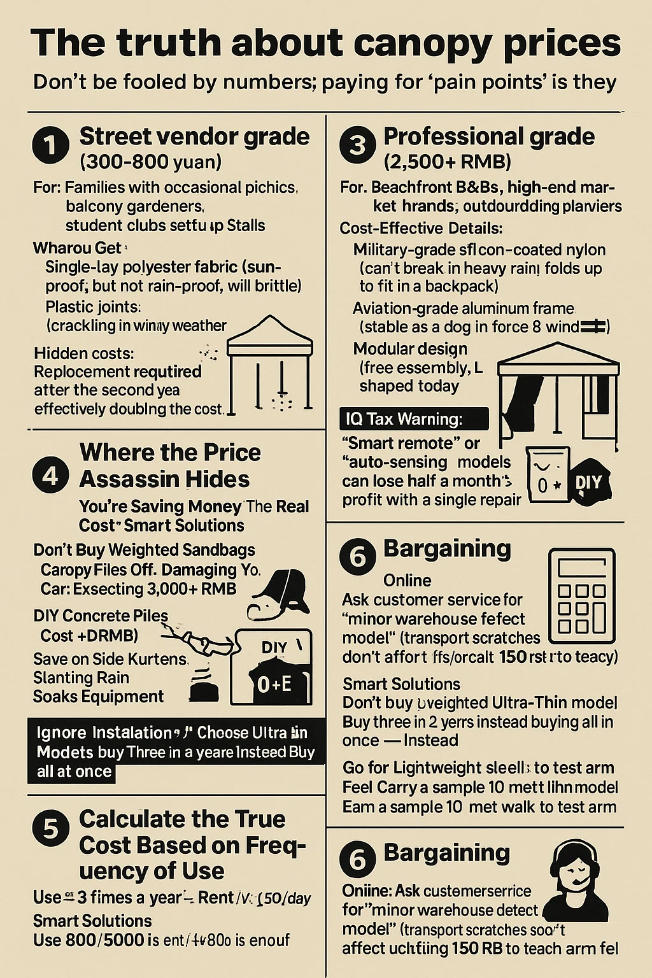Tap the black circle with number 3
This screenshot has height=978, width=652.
coord(358,145)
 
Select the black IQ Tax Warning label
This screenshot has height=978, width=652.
coord(415,419)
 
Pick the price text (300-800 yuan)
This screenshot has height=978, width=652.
coord(150,162)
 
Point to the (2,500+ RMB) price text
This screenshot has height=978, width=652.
coord(447,162)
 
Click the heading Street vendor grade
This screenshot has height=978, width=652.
coord(194,136)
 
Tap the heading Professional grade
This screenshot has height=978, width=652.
coord(489,136)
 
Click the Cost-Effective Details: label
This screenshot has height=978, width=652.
coord(421,228)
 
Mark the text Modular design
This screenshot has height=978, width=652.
coord(410,349)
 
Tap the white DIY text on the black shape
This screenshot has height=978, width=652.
coord(588,482)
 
